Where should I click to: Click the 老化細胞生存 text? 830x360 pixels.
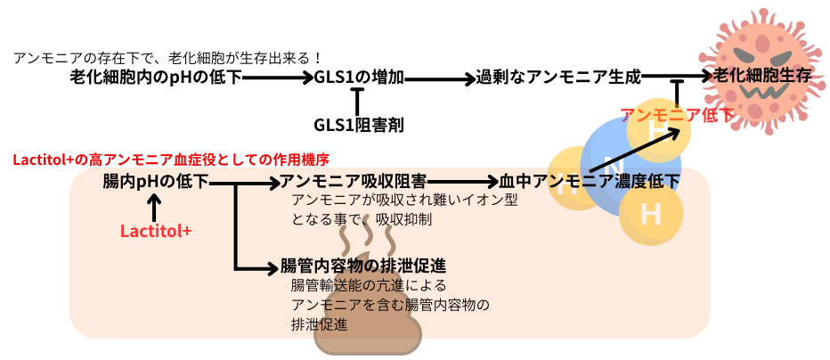(763, 77)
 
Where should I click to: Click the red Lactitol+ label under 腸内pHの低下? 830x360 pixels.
(156, 231)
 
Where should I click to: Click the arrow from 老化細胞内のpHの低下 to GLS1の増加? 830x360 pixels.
(277, 78)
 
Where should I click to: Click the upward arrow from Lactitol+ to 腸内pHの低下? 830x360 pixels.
(156, 209)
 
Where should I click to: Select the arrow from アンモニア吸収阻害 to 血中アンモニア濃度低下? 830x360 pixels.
(461, 182)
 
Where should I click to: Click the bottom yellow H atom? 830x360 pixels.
(651, 215)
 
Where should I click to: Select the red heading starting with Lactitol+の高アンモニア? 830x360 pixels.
(171, 160)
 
